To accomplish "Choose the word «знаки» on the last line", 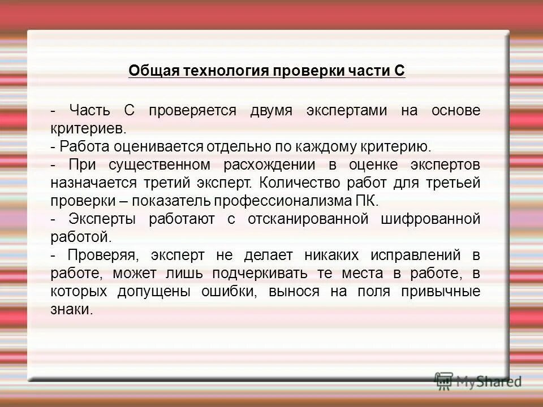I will click(70, 310).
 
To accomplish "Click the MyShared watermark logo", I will click(478, 381).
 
